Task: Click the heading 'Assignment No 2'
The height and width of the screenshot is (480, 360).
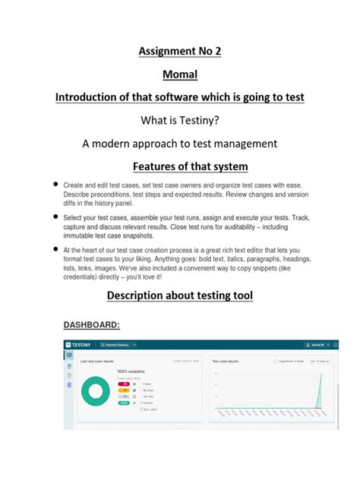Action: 179,52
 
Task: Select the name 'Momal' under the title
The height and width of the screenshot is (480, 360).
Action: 179,75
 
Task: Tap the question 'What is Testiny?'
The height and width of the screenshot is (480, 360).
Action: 179,121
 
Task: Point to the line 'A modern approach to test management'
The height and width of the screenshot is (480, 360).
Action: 179,144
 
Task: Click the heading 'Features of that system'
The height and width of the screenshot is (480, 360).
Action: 179,166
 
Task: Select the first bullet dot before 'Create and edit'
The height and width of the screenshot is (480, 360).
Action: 56,185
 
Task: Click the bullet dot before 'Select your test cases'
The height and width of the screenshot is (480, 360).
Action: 56,216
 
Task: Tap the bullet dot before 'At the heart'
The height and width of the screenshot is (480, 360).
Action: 56,248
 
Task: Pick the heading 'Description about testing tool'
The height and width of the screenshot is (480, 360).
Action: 179,295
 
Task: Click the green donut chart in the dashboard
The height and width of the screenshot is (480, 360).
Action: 96,392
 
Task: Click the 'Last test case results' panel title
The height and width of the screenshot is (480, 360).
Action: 98,362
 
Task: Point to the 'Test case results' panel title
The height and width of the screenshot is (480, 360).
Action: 226,362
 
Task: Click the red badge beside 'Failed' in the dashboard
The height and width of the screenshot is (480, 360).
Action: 124,384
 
